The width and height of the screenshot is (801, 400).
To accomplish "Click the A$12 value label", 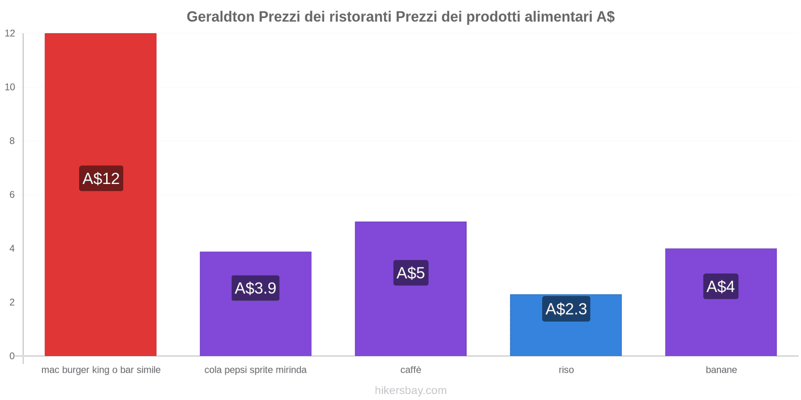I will point(101,178).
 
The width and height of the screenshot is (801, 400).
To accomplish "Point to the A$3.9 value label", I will point(255,288).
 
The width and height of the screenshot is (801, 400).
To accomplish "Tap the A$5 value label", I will point(411,273).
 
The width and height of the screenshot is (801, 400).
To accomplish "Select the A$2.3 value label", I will point(566,309).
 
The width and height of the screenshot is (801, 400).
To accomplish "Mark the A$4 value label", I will point(721,286).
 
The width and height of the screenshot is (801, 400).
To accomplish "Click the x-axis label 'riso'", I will point(566,370).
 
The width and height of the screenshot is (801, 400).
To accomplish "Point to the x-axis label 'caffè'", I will point(411,370).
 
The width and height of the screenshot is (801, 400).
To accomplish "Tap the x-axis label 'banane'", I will point(721,370).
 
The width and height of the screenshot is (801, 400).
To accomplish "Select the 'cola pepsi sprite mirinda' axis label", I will point(255,370).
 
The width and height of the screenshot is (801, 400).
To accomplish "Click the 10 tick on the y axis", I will point(10,87).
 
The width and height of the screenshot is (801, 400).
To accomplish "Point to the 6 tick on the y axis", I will point(12,194).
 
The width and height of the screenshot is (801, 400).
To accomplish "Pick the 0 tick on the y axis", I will point(12,356).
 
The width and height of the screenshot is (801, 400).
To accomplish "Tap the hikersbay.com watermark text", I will point(411,390).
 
